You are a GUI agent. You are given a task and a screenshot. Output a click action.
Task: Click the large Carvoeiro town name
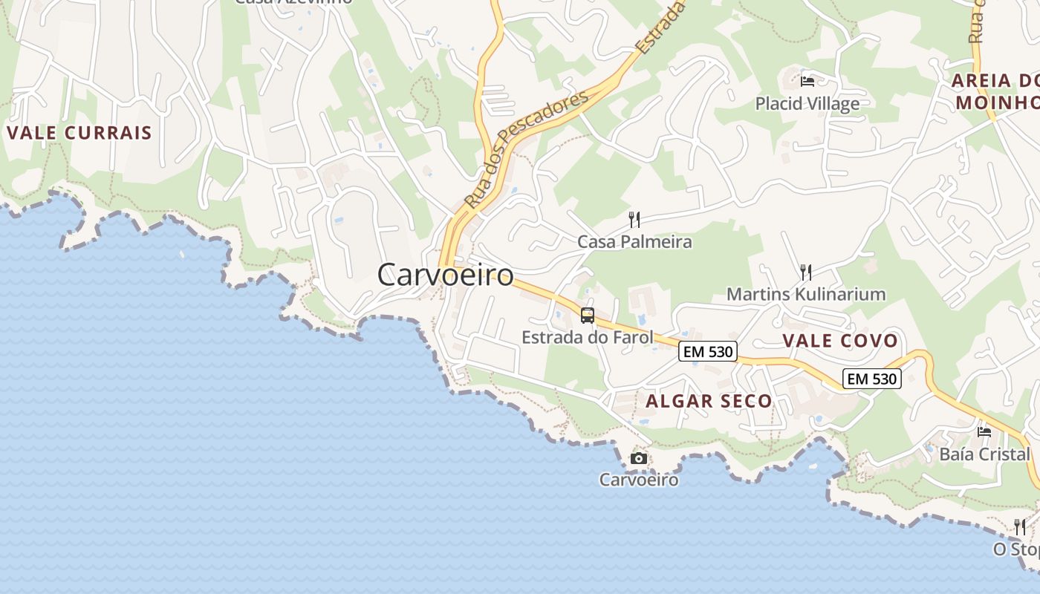(x=445, y=275)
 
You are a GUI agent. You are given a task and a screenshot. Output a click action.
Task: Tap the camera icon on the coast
(x=638, y=458)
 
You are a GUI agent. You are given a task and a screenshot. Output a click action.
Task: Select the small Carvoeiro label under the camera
(x=639, y=480)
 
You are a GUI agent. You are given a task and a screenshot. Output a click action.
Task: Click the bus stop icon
(x=588, y=316)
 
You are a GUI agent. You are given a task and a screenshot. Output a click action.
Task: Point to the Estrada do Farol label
(x=587, y=338)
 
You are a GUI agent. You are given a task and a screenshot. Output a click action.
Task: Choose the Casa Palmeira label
(x=634, y=242)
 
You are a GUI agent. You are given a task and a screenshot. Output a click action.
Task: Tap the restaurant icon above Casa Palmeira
(x=634, y=219)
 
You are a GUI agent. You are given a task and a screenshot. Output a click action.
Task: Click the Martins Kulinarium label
(x=805, y=294)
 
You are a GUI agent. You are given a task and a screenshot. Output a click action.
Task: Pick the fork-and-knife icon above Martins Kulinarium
(x=806, y=272)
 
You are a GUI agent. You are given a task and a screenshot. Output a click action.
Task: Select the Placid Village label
(x=807, y=103)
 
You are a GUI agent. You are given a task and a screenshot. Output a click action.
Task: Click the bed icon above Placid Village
(x=807, y=81)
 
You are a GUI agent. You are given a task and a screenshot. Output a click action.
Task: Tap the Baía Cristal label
(x=984, y=454)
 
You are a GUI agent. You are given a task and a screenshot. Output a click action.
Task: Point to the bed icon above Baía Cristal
(x=984, y=431)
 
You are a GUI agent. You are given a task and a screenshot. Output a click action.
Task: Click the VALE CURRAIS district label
(x=79, y=134)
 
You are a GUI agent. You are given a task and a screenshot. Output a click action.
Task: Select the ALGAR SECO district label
(x=709, y=402)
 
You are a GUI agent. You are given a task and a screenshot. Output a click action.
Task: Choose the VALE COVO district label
(x=840, y=342)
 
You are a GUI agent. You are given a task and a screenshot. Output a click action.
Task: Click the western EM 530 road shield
(x=707, y=352)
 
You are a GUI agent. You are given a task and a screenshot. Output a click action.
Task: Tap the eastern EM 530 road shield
(x=872, y=379)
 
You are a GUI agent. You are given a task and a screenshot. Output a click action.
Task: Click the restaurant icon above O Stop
(x=1020, y=527)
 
